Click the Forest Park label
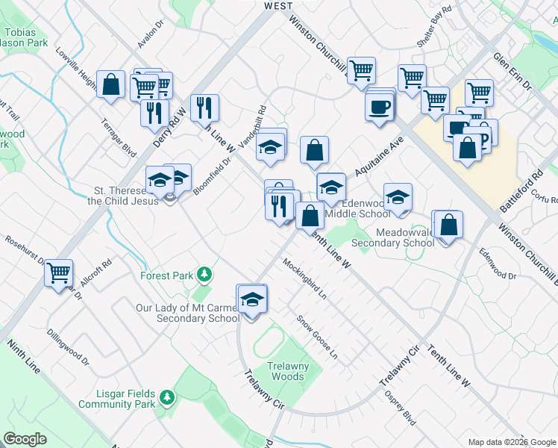tap(168, 276)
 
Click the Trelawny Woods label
tap(286, 371)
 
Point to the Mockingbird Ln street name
tap(304, 278)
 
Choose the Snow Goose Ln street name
tap(317, 336)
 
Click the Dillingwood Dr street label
tap(68, 348)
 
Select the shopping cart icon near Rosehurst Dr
tap(58, 273)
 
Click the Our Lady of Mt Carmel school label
tap(187, 313)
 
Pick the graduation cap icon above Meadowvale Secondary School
tap(398, 198)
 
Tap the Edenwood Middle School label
tap(366, 208)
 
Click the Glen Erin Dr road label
tap(512, 71)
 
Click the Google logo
tap(25, 439)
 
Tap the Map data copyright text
tap(511, 442)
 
